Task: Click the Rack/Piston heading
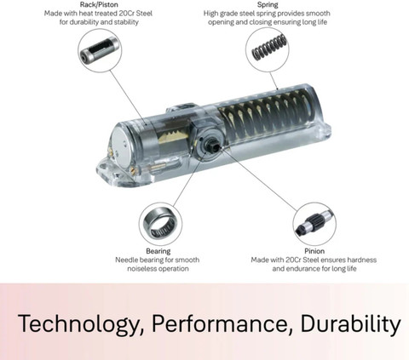pyautogui.click(x=99, y=4)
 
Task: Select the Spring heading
pyautogui.click(x=268, y=4)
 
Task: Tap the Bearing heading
pyautogui.click(x=158, y=251)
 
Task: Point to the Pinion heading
pyautogui.click(x=314, y=251)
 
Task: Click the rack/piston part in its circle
pyautogui.click(x=98, y=51)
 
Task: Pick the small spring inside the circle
pyautogui.click(x=268, y=47)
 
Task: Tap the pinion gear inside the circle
pyautogui.click(x=314, y=224)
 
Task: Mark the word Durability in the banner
pyautogui.click(x=350, y=323)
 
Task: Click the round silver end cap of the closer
pyautogui.click(x=121, y=146)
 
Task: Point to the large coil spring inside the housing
pyautogui.click(x=266, y=114)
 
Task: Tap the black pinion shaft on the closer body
pyautogui.click(x=215, y=146)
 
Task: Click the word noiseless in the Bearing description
pyautogui.click(x=141, y=268)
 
